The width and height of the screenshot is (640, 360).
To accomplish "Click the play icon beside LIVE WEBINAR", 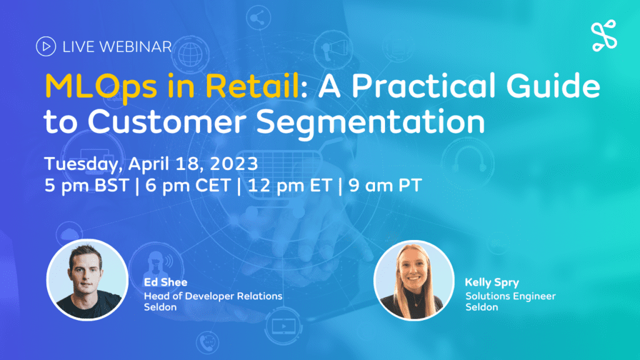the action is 46,46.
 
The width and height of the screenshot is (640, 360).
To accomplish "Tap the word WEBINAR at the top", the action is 136,46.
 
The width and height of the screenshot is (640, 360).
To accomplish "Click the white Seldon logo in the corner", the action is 604,36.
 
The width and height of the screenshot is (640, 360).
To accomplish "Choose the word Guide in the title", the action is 553,86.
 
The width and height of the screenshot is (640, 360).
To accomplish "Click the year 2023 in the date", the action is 234,164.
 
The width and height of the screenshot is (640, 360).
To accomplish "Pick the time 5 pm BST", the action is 86,186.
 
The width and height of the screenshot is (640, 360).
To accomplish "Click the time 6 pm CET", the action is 188,186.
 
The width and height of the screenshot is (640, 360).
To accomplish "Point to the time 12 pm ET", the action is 289,186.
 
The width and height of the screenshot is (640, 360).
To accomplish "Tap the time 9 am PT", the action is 385,186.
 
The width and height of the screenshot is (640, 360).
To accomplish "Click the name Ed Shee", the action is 166,282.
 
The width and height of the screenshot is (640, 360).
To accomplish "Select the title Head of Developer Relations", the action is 213,296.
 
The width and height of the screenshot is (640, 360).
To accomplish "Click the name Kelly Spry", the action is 492,282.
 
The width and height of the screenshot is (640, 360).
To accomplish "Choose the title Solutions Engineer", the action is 511,296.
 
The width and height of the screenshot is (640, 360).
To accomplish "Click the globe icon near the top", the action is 190,54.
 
